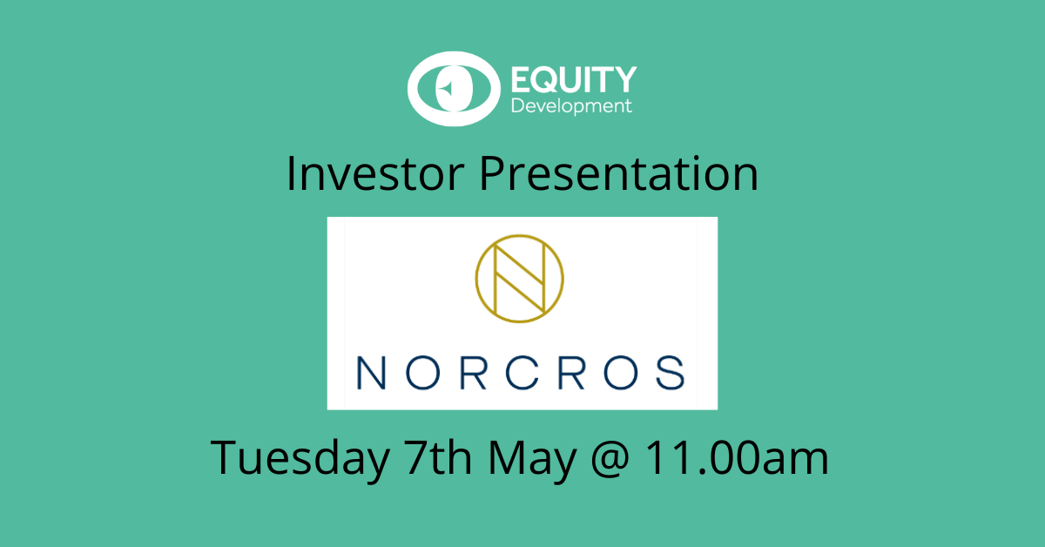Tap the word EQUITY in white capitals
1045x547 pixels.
click(574, 79)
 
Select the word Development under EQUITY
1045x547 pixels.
click(571, 106)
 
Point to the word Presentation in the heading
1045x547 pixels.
click(619, 173)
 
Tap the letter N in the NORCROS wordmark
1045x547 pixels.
click(371, 373)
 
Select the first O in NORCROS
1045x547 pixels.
click(422, 373)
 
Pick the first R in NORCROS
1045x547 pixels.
click(474, 373)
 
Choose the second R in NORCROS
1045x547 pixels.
click(571, 373)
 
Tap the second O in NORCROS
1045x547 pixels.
click(621, 373)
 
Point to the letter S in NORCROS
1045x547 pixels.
click(671, 373)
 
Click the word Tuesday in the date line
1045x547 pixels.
click(300, 458)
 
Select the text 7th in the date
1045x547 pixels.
click(437, 457)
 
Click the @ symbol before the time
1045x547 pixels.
click(610, 460)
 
